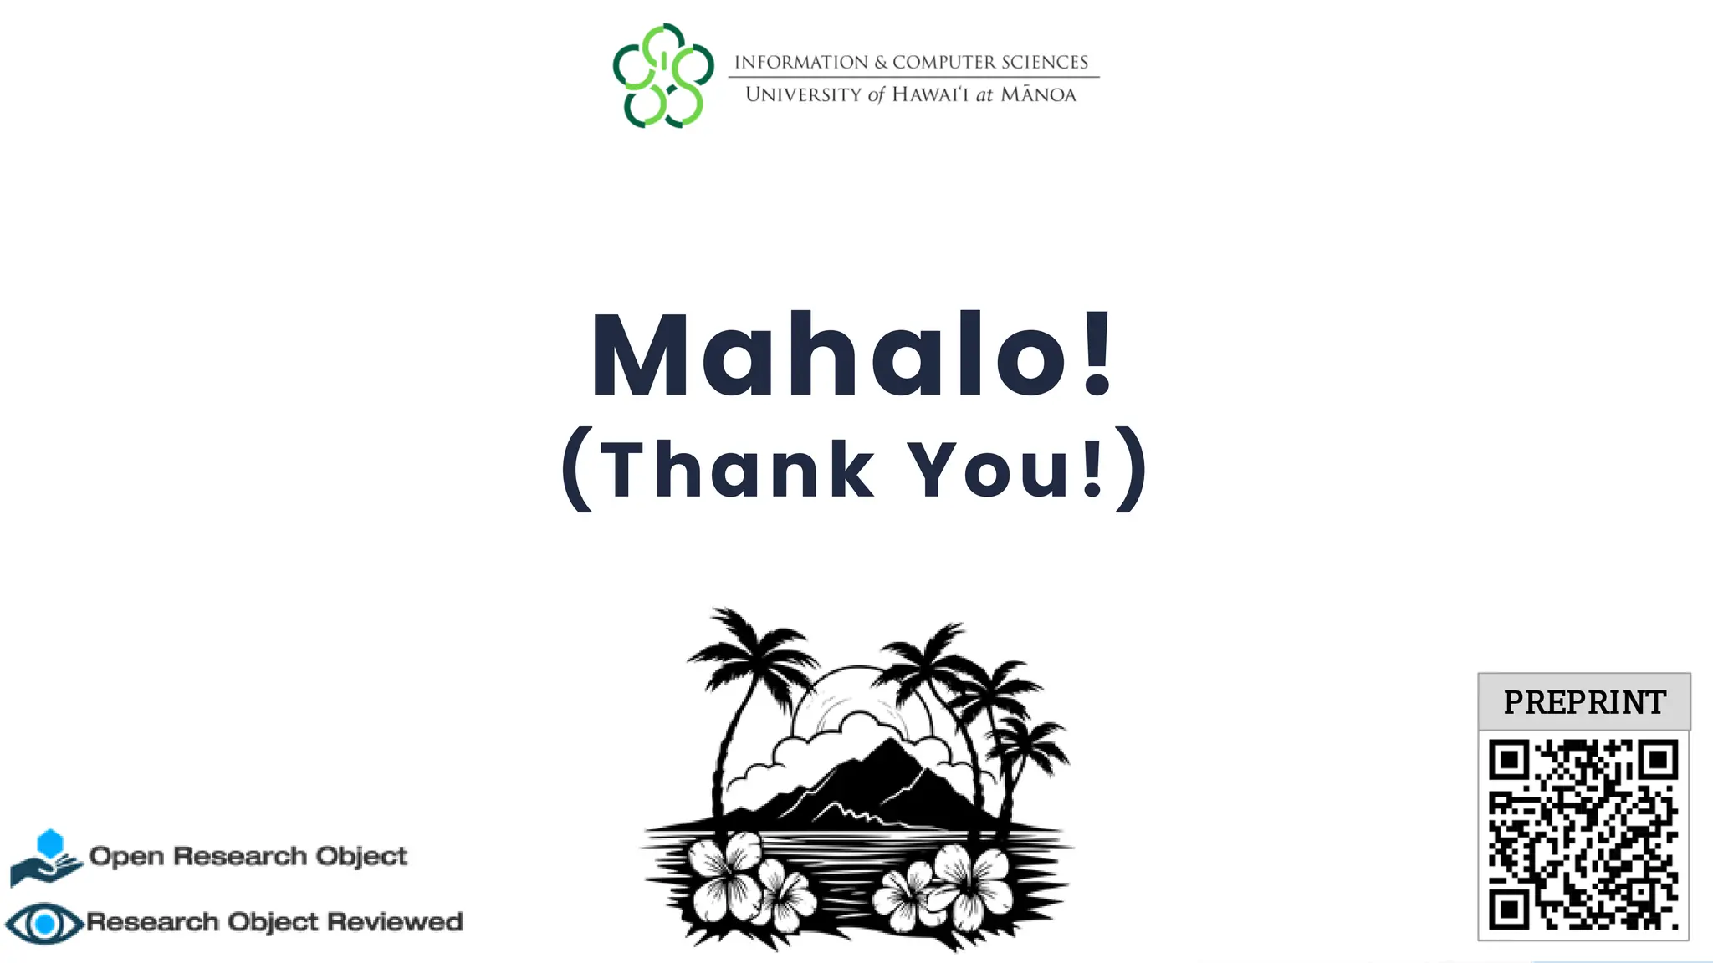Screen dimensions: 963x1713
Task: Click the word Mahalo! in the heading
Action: click(x=851, y=355)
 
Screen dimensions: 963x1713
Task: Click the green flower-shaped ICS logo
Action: click(x=663, y=75)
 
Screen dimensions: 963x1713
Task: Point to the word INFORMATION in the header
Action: click(x=800, y=63)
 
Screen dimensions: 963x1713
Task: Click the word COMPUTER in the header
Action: click(x=943, y=63)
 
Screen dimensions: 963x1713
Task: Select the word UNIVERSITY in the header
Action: click(x=803, y=94)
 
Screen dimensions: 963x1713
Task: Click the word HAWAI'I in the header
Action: click(x=929, y=94)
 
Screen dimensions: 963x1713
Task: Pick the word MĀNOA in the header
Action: click(x=1038, y=94)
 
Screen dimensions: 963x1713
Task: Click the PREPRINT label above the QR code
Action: click(x=1584, y=702)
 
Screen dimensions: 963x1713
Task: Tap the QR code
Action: click(x=1583, y=834)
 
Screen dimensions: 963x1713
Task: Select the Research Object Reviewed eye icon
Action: click(x=44, y=923)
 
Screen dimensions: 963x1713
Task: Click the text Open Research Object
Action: click(x=248, y=856)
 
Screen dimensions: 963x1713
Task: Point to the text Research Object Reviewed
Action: click(x=274, y=921)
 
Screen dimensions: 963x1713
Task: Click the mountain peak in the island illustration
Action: click(x=893, y=748)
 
